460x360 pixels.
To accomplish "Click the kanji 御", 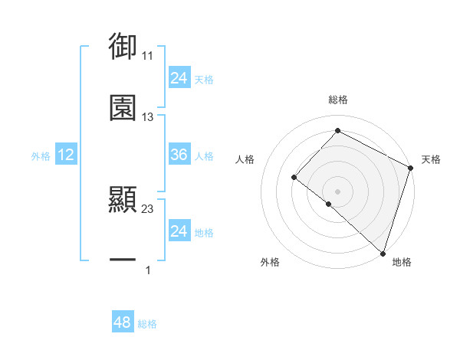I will pyautogui.click(x=123, y=47).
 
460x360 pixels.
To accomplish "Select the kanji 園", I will pyautogui.click(x=123, y=108).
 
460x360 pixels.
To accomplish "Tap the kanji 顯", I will pyautogui.click(x=123, y=200).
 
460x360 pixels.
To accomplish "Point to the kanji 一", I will pyautogui.click(x=123, y=261).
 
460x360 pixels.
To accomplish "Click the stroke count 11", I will pyautogui.click(x=148, y=56).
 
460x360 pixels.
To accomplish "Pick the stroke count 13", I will pyautogui.click(x=148, y=117).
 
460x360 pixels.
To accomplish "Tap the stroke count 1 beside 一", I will pyautogui.click(x=148, y=270).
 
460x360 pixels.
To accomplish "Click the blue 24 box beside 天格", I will pyautogui.click(x=179, y=78).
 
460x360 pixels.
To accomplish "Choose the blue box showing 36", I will pyautogui.click(x=179, y=155).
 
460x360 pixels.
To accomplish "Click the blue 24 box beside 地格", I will pyautogui.click(x=179, y=231).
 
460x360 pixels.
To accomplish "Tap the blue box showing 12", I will pyautogui.click(x=66, y=155).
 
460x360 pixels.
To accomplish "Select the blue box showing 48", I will pyautogui.click(x=123, y=322).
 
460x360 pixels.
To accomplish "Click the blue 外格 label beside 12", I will pyautogui.click(x=41, y=155).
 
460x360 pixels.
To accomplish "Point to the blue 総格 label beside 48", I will pyautogui.click(x=147, y=324).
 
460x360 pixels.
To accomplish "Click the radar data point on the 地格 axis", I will pyautogui.click(x=383, y=253).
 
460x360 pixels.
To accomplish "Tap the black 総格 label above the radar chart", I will pyautogui.click(x=337, y=100).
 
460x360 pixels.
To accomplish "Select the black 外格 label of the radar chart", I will pyautogui.click(x=270, y=263).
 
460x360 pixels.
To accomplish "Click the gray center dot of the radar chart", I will pyautogui.click(x=337, y=191).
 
